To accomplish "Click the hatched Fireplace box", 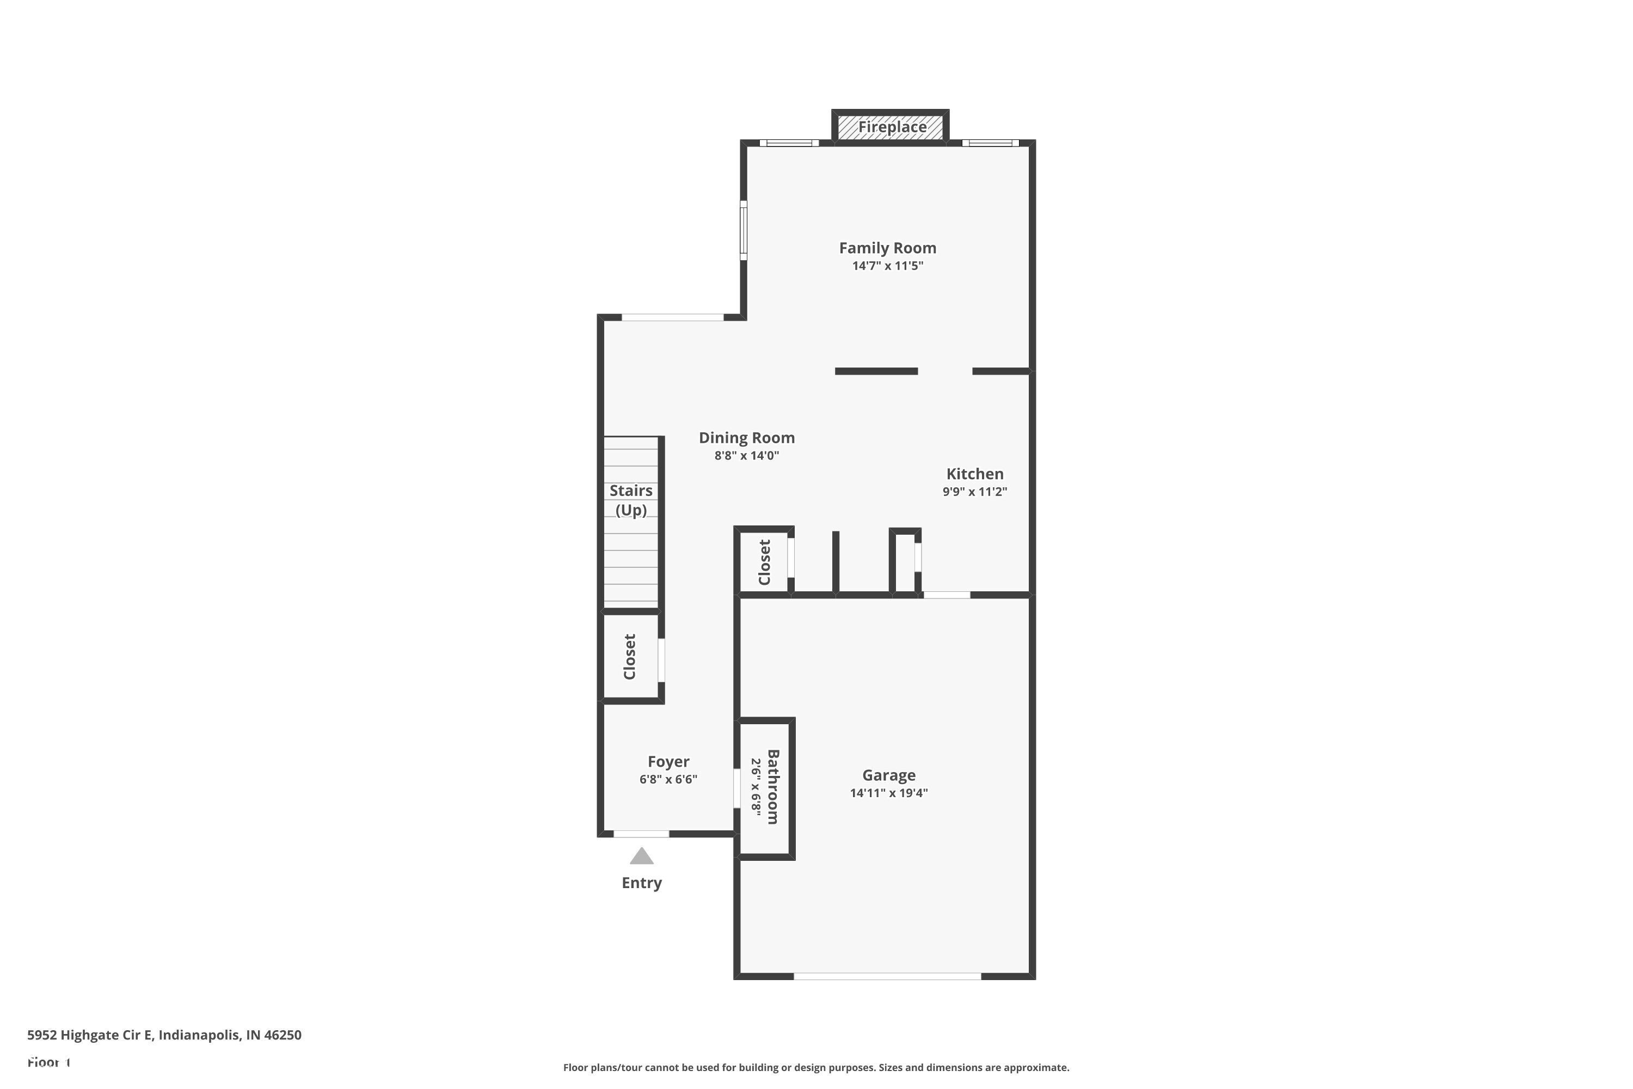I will (x=890, y=127).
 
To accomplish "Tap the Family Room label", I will (x=887, y=248).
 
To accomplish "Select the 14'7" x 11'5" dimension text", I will (x=887, y=266).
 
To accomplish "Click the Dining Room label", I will (x=746, y=438).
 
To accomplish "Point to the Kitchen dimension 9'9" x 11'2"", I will (x=974, y=492).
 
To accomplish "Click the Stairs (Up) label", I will (x=630, y=500).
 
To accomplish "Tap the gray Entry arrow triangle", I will (x=642, y=856).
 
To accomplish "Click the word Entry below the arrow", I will (x=642, y=883).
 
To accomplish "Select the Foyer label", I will (x=668, y=761).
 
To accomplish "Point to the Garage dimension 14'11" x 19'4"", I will (x=889, y=793).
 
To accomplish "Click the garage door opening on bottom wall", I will (x=887, y=976).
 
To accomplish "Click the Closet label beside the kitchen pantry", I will (x=764, y=562).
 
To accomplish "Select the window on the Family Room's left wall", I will (x=743, y=230).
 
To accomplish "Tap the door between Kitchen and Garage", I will (x=947, y=595).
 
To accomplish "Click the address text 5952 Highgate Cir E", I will (x=164, y=1035).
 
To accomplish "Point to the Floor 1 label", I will (x=48, y=1063).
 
